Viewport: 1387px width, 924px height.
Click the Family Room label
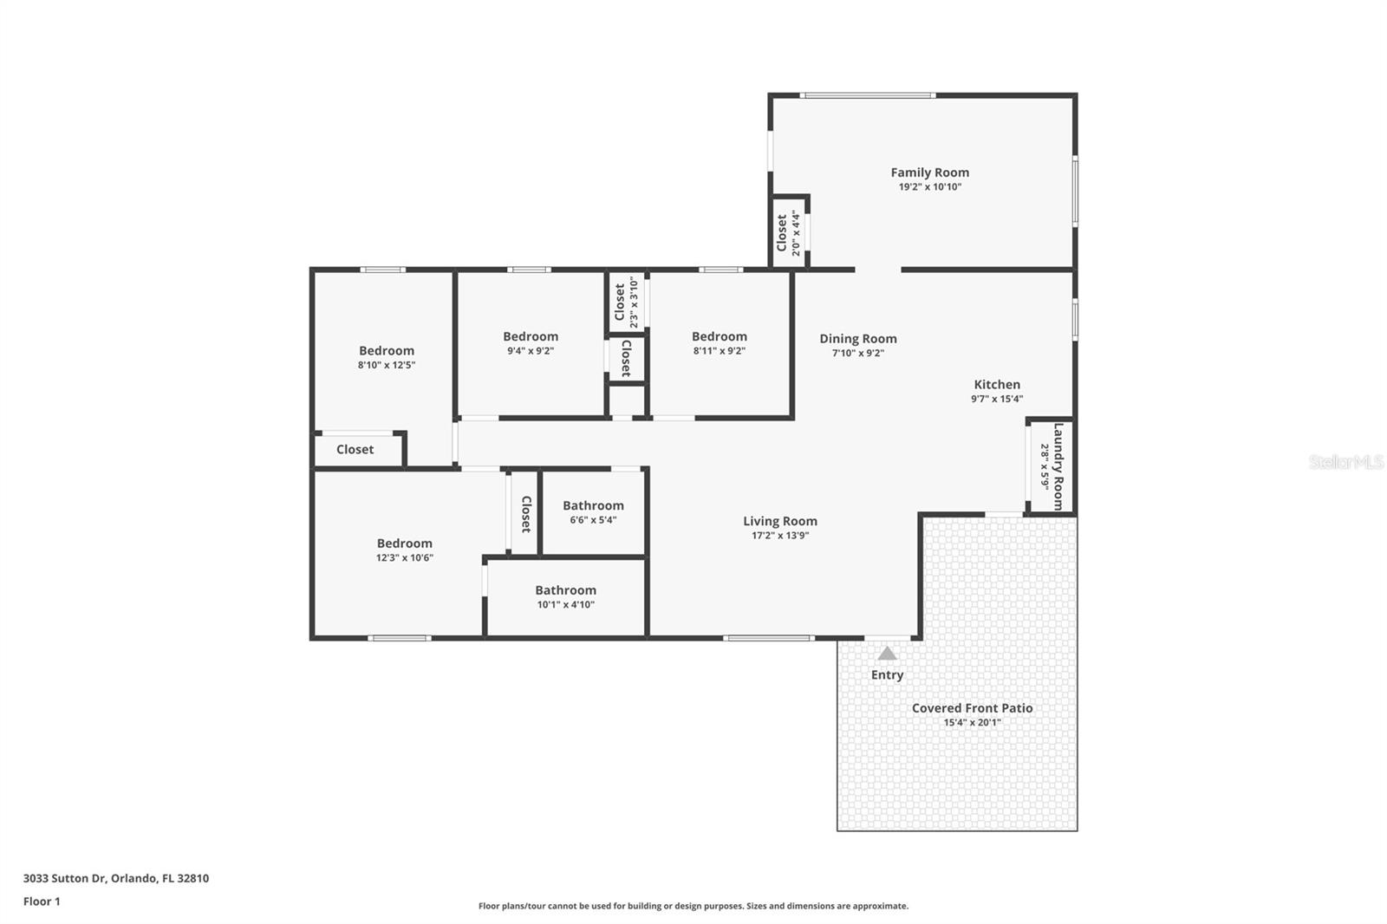click(929, 172)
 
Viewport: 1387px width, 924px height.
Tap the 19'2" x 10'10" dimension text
click(929, 187)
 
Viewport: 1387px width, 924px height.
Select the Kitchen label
click(997, 385)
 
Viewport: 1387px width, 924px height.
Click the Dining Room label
click(858, 339)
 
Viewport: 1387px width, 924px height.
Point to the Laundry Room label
click(1058, 466)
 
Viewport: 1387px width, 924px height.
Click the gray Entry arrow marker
click(887, 654)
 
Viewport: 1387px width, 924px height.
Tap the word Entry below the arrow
click(887, 674)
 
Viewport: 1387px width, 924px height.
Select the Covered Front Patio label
click(972, 708)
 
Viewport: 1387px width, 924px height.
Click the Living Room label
click(779, 521)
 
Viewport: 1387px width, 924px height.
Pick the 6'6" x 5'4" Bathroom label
click(593, 505)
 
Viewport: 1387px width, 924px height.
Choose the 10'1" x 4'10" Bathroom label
click(565, 590)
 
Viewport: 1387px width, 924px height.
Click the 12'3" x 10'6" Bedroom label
click(404, 543)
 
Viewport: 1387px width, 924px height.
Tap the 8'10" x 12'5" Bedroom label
click(387, 351)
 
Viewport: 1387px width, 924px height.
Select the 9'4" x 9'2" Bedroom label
click(531, 336)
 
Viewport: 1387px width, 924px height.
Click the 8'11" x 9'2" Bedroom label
click(719, 336)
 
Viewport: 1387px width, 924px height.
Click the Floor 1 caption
click(42, 901)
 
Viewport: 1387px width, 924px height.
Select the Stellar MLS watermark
click(1345, 462)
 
